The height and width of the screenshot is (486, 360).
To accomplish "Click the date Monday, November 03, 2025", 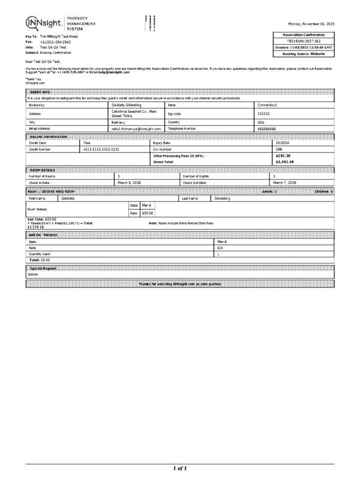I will point(311,24).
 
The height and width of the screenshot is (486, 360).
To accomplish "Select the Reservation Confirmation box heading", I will point(304,35).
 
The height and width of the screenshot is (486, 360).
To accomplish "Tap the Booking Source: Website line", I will point(304,53).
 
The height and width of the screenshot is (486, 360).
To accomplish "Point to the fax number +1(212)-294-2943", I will point(55,41).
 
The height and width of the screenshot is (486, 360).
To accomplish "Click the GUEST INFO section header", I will point(39,92).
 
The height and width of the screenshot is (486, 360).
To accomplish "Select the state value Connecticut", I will point(267,105).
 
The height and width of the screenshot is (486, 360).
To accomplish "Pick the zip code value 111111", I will point(264,113).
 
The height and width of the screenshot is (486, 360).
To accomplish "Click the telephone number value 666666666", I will point(266,129).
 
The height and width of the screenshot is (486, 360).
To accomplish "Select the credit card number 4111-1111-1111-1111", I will point(101,149).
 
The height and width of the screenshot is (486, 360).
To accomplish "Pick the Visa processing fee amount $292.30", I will point(282,155).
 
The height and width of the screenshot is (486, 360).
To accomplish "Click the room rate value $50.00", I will point(147,213).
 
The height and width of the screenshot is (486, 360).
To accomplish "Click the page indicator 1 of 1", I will point(180,468).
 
